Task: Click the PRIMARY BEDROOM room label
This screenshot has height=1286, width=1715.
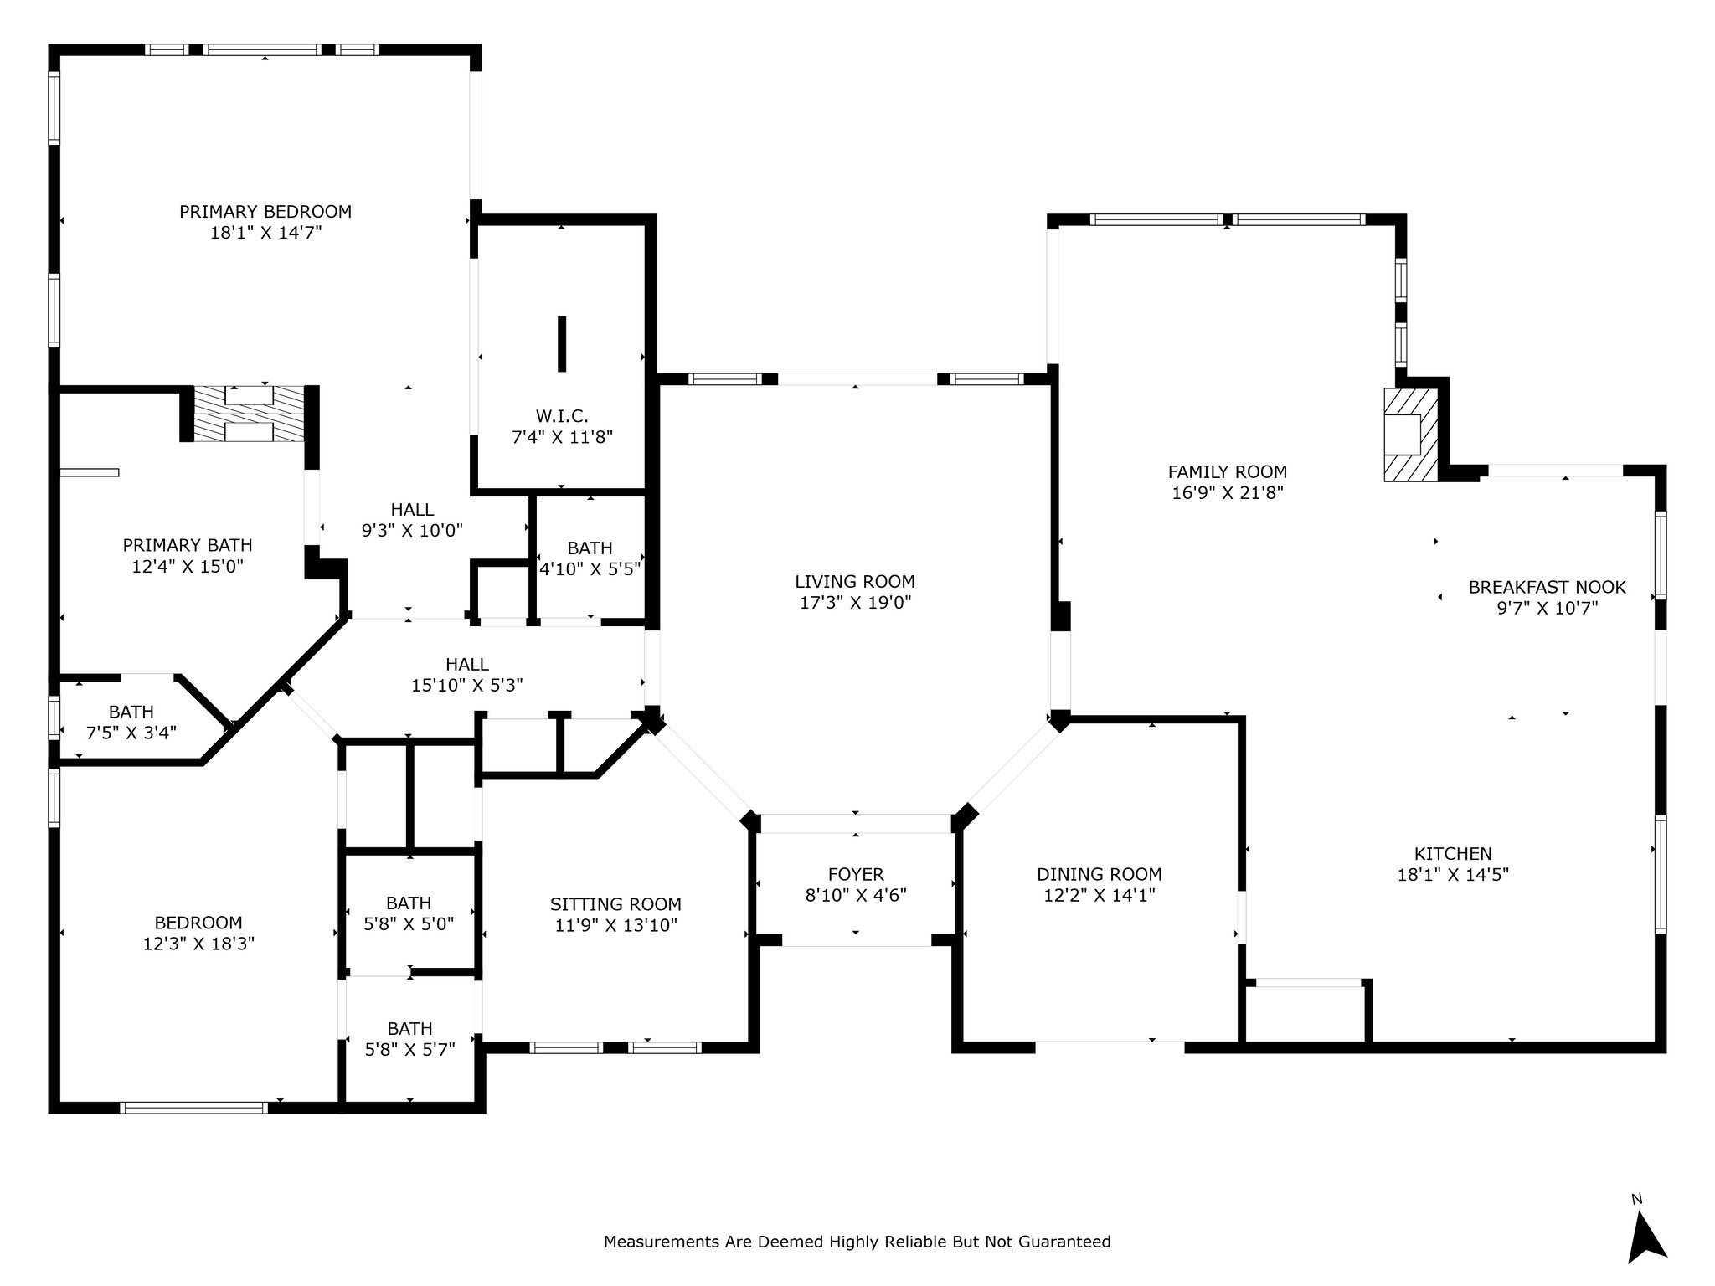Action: click(x=265, y=212)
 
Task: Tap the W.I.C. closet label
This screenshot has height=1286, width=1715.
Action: click(x=562, y=416)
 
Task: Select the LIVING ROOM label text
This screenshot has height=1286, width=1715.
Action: click(x=855, y=582)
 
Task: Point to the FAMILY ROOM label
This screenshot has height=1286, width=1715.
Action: click(x=1228, y=472)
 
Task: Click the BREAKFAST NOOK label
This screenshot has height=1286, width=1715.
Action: click(x=1548, y=588)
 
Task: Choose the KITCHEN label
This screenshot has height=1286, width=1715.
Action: click(x=1453, y=854)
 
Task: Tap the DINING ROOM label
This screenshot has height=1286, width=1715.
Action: click(x=1100, y=875)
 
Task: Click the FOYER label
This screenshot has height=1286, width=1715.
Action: click(x=856, y=875)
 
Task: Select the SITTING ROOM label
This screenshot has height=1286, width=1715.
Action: click(x=615, y=905)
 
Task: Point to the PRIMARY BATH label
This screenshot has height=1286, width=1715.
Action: click(x=188, y=546)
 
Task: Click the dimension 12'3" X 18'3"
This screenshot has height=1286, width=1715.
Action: click(x=198, y=944)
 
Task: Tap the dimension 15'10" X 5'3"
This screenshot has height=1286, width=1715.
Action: click(x=467, y=686)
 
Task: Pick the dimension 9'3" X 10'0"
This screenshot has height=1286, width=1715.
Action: click(x=412, y=531)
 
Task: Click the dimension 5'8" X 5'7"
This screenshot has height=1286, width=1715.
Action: click(x=410, y=1050)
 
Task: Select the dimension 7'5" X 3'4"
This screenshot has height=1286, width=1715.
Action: click(x=131, y=733)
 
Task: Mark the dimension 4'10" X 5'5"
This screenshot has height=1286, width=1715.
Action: click(x=591, y=569)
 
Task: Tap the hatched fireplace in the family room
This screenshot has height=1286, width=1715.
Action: click(x=1411, y=434)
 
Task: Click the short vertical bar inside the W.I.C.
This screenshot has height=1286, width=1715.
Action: click(x=562, y=343)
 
